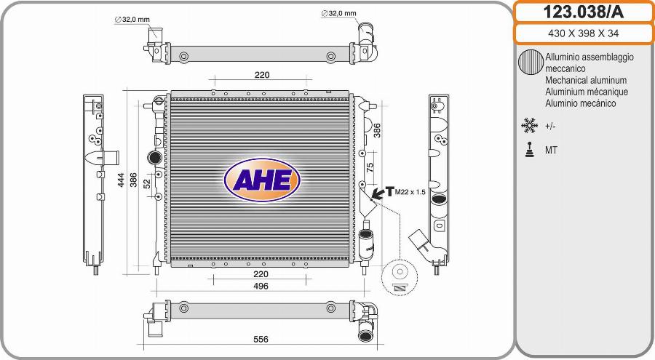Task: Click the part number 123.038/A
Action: tap(584, 12)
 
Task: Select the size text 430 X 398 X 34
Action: tap(584, 33)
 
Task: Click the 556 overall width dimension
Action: tap(260, 340)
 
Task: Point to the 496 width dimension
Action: tap(261, 286)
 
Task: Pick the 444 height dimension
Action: tap(121, 180)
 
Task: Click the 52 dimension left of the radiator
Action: tap(146, 185)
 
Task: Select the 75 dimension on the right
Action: tap(370, 167)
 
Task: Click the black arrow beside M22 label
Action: tap(378, 193)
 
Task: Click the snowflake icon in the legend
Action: tap(529, 126)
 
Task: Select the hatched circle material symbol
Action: tap(530, 63)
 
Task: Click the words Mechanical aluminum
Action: tap(586, 81)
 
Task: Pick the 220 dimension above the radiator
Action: tap(262, 75)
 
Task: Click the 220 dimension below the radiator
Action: tap(261, 274)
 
